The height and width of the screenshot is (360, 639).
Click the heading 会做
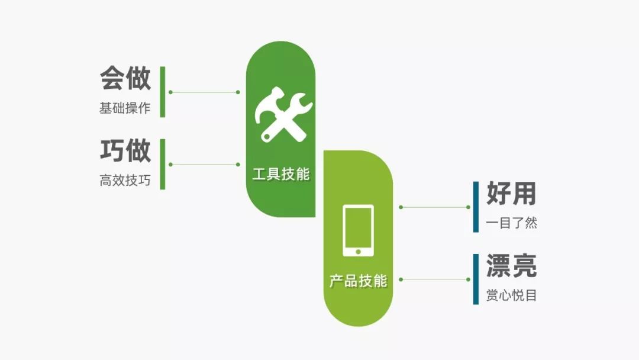coord(125,78)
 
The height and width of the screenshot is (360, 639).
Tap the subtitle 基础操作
coord(125,108)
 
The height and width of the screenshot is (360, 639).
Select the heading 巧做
coord(125,150)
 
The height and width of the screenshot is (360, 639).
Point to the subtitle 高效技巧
coord(125,180)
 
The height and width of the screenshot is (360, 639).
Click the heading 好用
coord(511,193)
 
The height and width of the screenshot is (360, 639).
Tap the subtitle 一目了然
coord(511,223)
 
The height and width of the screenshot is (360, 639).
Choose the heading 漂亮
coord(511,266)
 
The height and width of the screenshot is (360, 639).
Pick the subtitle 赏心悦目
coord(511,295)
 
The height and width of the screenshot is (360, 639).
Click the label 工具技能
coord(281,174)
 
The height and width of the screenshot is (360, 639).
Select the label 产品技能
coord(358,281)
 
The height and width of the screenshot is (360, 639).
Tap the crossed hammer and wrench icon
coord(283,114)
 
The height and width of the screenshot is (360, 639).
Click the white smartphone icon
coord(358,230)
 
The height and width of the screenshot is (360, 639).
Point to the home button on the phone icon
coord(358,252)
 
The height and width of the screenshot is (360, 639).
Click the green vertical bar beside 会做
coord(163,92)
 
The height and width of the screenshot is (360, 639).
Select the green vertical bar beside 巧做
coord(163,164)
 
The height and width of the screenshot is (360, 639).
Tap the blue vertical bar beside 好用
coord(476,207)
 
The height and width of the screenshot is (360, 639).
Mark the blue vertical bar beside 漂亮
coord(476,279)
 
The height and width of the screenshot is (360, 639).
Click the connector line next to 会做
coord(204,92)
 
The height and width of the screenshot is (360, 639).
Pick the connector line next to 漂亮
coord(434,279)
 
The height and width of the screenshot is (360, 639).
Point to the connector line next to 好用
coord(434,207)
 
